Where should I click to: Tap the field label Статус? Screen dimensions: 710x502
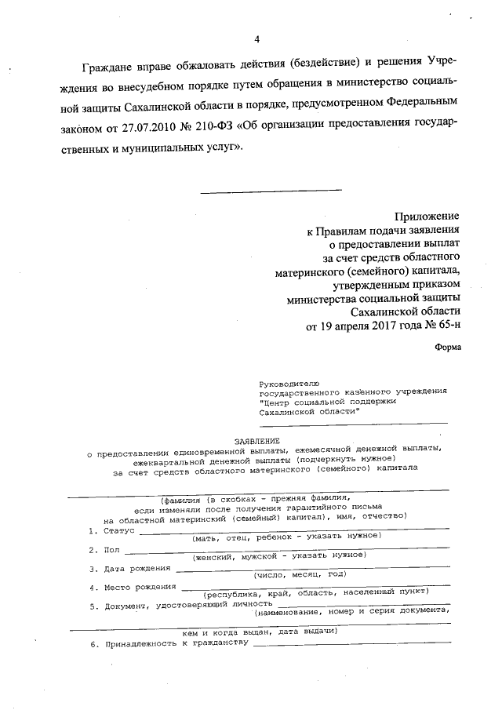click(x=120, y=531)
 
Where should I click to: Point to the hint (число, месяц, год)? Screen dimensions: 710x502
click(x=299, y=574)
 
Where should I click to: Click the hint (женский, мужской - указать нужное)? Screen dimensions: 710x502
click(x=286, y=555)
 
